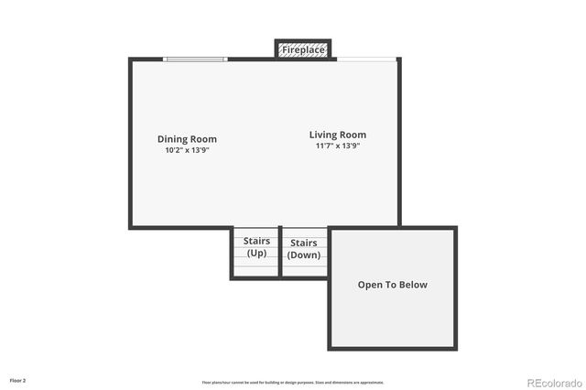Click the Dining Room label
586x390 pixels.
(187, 139)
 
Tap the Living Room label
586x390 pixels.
(337, 135)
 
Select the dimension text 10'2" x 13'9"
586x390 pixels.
(187, 150)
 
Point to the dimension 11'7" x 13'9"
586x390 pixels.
(337, 146)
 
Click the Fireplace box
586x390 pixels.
(303, 49)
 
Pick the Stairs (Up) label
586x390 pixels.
(256, 247)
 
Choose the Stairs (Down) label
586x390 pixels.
(304, 249)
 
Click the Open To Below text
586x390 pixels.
(392, 285)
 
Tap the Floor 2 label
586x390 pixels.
(18, 379)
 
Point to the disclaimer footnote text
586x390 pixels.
(293, 382)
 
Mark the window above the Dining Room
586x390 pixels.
(195, 60)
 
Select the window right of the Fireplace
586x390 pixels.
(366, 60)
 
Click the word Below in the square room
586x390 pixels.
(412, 285)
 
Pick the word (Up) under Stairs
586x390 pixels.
(256, 253)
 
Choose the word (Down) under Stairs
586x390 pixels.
(304, 255)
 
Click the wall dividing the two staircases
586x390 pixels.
(278, 252)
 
